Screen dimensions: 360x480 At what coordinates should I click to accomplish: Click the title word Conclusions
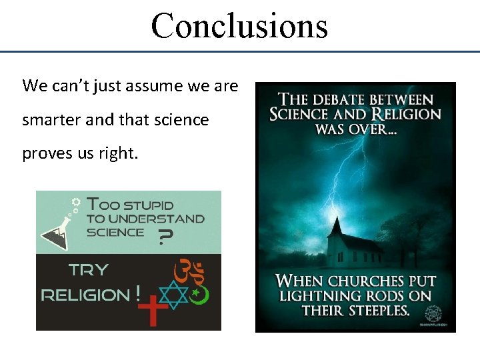pos(239,25)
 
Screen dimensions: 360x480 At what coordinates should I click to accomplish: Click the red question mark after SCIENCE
pos(162,237)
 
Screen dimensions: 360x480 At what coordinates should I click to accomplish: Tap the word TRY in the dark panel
pos(89,270)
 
